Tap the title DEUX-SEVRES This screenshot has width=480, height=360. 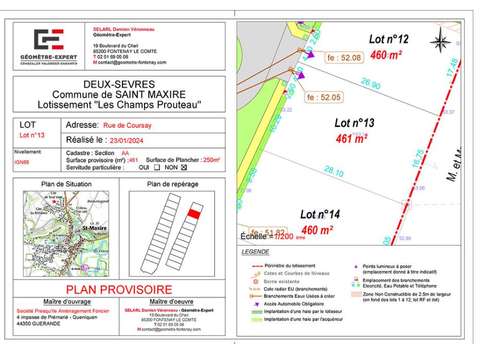coord(120,85)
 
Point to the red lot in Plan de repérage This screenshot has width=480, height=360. coord(195,213)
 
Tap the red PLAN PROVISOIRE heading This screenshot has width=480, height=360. coord(120,288)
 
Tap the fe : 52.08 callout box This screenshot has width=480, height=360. coord(314,58)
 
